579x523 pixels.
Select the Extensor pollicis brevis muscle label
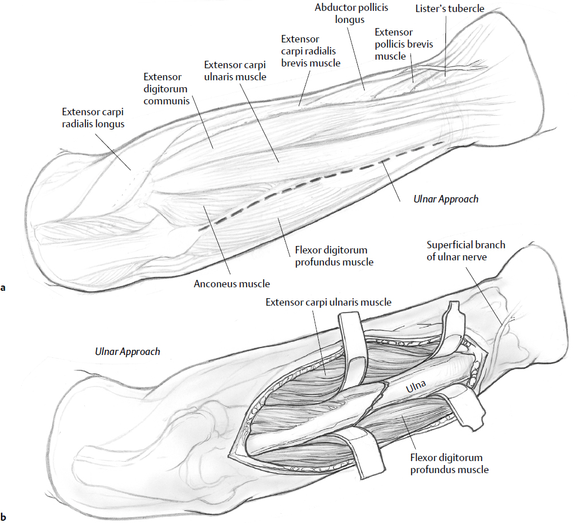[404, 44]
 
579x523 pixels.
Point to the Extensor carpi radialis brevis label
[311, 51]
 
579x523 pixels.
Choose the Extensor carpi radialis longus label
[93, 117]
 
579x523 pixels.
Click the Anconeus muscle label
[232, 283]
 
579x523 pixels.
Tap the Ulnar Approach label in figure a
[445, 200]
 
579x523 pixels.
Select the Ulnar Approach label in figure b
[127, 352]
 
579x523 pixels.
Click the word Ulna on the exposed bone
[416, 388]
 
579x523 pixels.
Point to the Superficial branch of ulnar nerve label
[465, 251]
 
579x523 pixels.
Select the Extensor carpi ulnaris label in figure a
[236, 71]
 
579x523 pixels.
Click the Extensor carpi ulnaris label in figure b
[328, 302]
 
